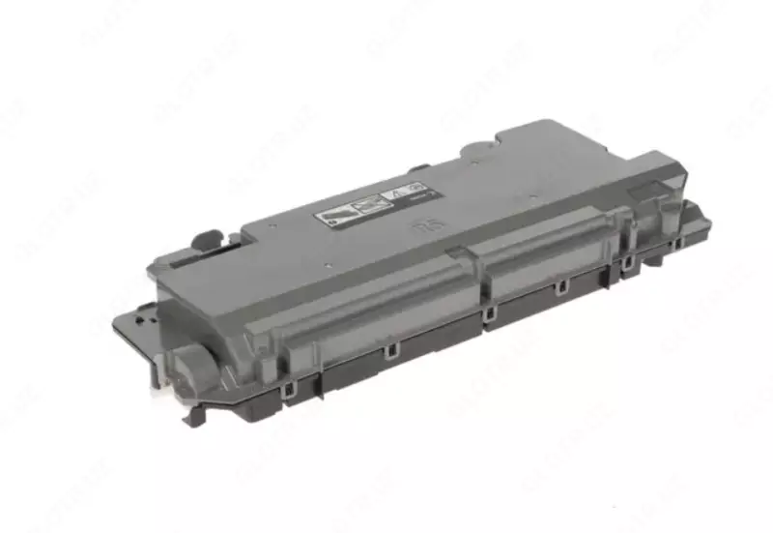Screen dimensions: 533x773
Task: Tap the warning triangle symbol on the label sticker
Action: (x=394, y=196)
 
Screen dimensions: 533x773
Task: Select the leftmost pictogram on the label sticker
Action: (x=334, y=214)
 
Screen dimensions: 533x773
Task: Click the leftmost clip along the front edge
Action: (x=287, y=389)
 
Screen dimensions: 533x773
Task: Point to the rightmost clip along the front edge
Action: (x=627, y=261)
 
